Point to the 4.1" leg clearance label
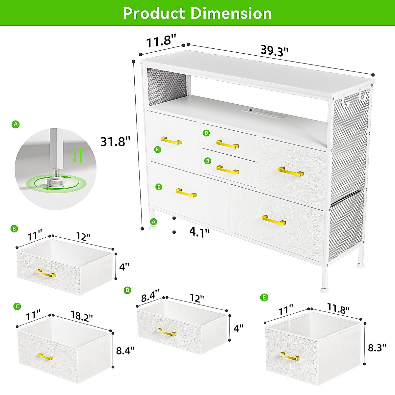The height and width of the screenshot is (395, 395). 199,232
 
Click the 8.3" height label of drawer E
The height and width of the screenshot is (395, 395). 377,348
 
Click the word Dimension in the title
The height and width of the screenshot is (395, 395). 231,13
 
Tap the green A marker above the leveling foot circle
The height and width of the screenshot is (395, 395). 15,124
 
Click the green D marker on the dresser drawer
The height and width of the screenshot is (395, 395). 206,133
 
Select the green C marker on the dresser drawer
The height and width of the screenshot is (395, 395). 158,187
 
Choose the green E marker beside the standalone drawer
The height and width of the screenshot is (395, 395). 264,298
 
